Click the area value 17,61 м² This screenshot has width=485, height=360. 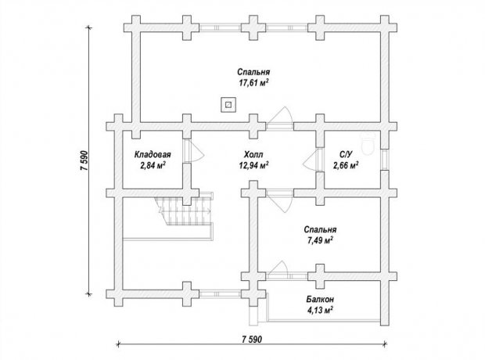coord(253,83)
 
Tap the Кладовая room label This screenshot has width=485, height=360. coord(153,154)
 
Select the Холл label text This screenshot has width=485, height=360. coord(253,154)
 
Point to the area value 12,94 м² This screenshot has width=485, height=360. coord(253,166)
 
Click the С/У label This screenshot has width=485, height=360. coord(346,154)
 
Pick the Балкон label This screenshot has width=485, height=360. coord(320,299)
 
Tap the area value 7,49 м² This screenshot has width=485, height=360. coord(320,240)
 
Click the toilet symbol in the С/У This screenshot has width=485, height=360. coord(368,145)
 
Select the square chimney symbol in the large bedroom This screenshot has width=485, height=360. coord(228,105)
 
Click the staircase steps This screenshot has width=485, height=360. coord(184,211)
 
